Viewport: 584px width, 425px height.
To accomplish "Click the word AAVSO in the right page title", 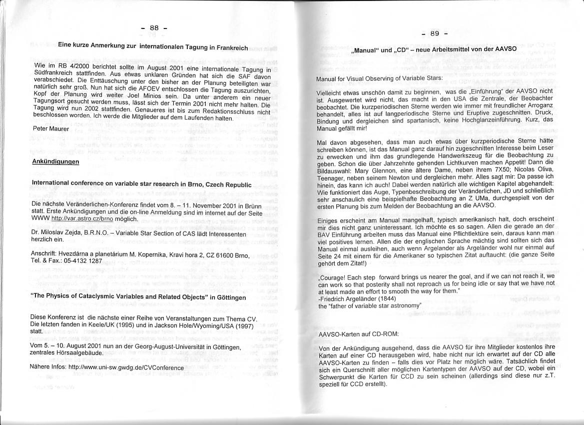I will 506,49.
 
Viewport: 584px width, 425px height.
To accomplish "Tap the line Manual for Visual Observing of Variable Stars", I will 380,78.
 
